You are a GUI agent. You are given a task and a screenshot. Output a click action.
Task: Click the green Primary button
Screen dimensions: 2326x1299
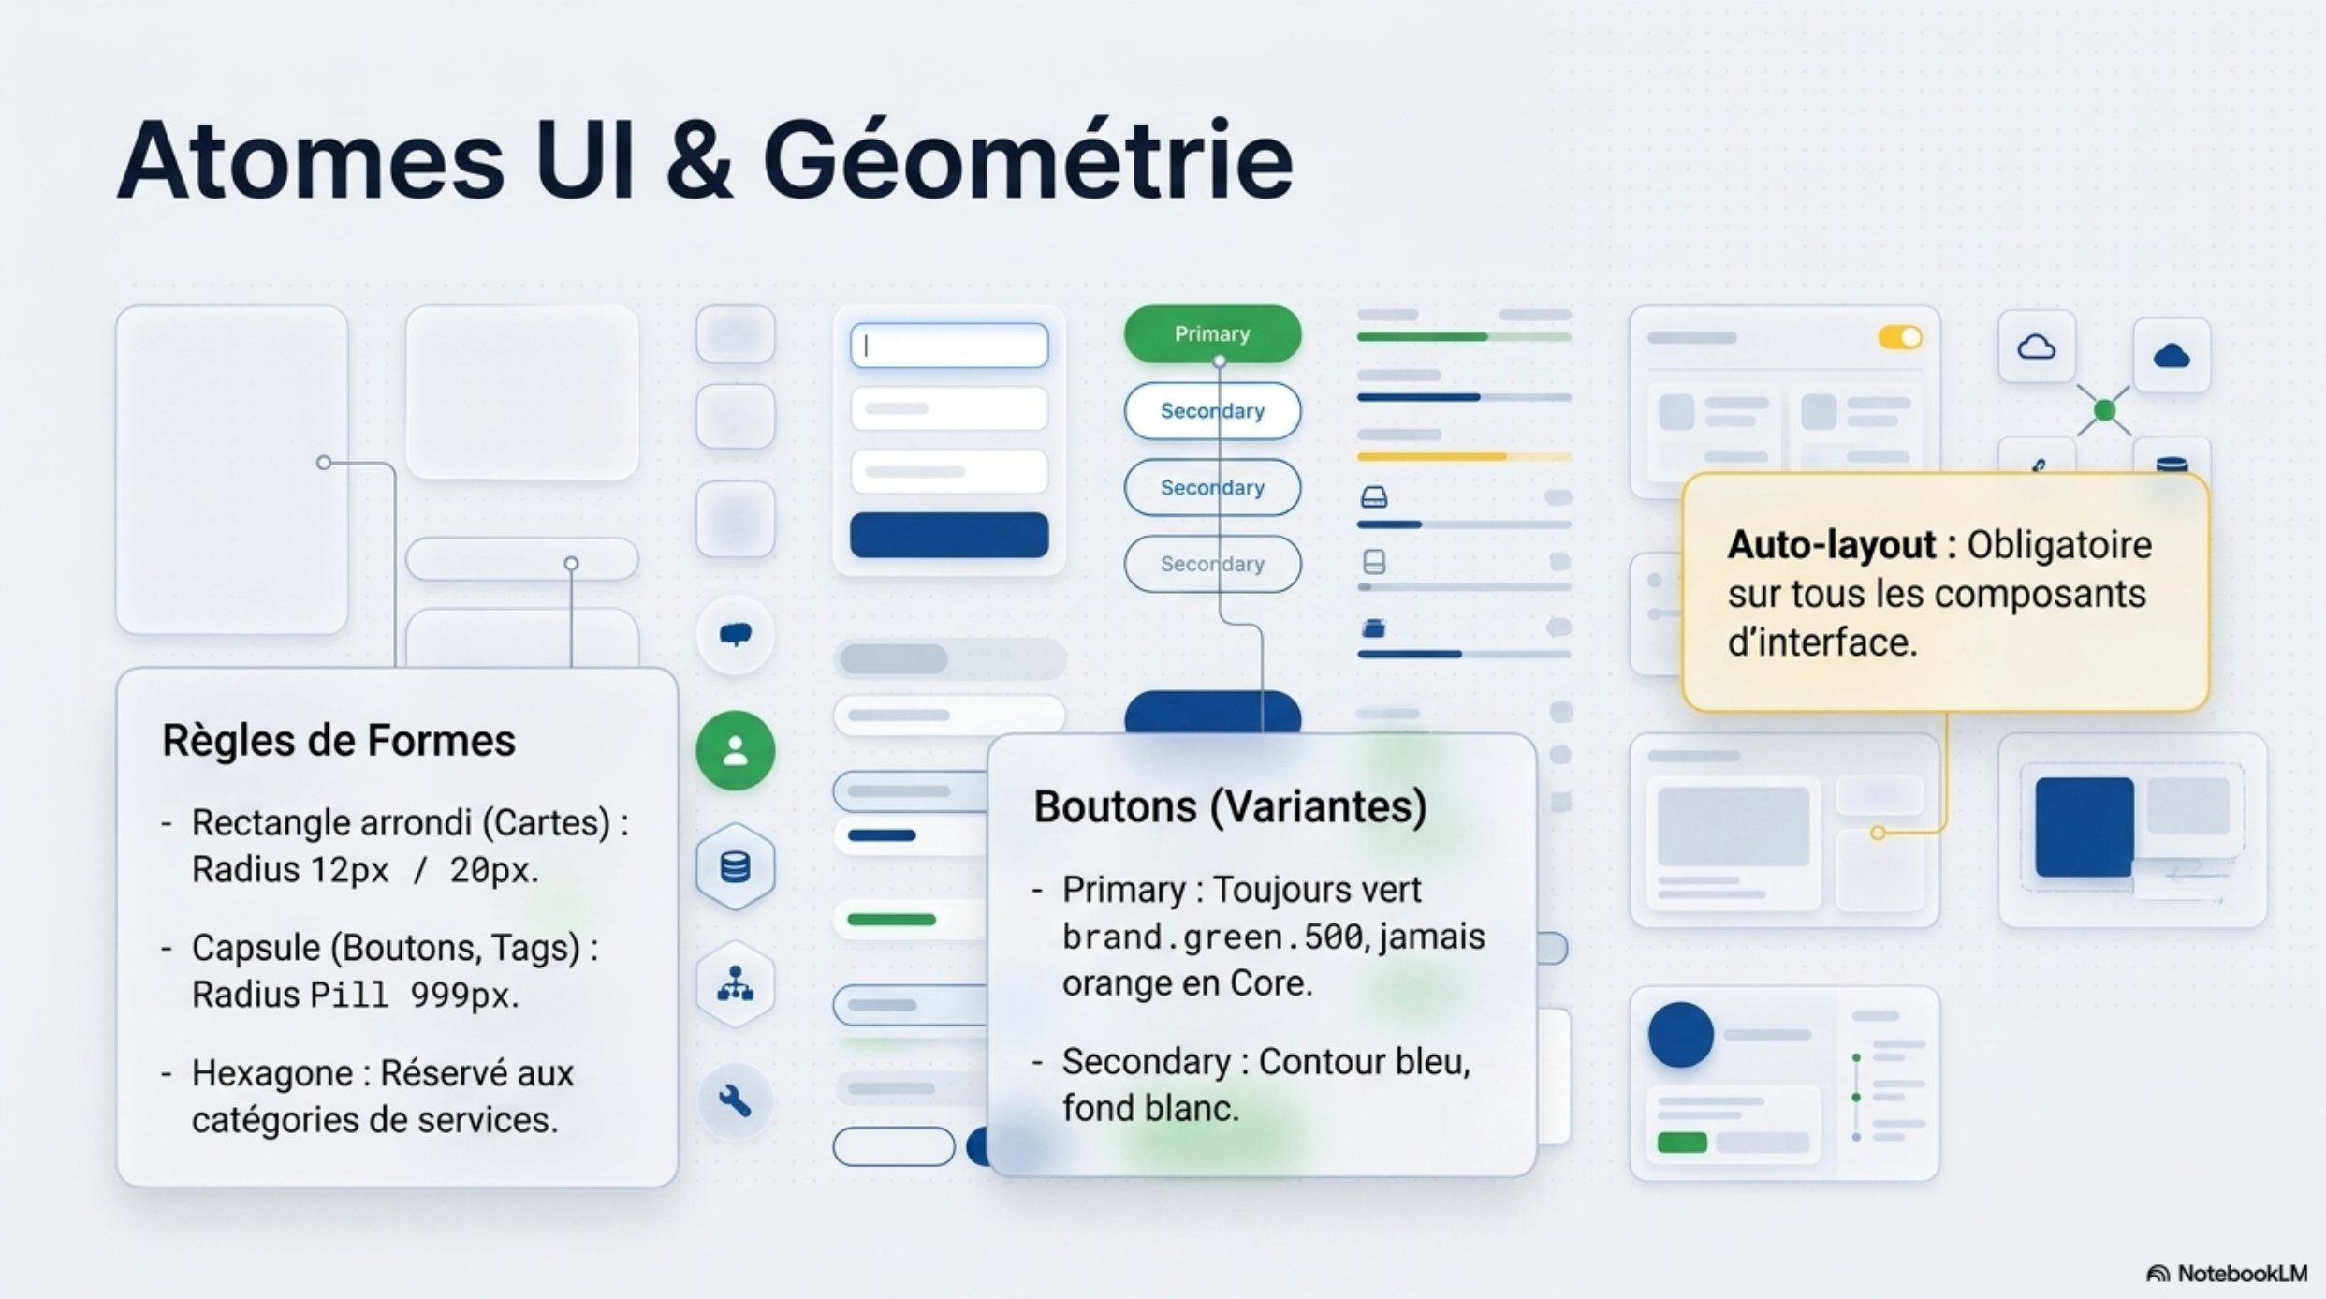point(1212,333)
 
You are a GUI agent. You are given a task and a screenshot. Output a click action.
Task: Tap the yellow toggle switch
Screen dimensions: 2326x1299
point(1900,337)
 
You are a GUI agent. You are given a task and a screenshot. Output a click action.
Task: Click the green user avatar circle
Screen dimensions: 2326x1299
point(736,750)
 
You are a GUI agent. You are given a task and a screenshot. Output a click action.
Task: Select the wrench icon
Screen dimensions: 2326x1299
point(735,1101)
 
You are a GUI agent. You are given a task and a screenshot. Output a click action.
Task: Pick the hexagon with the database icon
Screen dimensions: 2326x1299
point(736,866)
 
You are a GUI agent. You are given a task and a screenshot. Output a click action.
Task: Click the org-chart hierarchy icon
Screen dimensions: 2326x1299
point(736,984)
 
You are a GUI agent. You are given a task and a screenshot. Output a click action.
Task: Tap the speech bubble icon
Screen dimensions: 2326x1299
point(736,635)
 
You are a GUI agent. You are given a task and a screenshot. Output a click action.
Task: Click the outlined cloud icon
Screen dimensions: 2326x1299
point(2036,347)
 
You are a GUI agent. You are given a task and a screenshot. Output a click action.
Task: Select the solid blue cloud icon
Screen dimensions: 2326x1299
point(2172,356)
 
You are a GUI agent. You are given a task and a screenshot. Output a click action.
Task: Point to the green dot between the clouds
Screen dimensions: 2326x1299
point(2104,410)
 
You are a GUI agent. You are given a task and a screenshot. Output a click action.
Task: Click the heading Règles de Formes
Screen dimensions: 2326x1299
point(339,741)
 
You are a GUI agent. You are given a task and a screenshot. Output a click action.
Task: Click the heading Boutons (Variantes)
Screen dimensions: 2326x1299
point(1230,806)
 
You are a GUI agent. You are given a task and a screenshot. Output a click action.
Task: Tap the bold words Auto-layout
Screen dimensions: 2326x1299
point(1832,544)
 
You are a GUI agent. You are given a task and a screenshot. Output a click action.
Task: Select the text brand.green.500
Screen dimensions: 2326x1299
point(1213,937)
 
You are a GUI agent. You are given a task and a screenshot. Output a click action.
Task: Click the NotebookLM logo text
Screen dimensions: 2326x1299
point(2242,1274)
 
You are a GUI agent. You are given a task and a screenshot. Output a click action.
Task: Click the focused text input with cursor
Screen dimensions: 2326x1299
point(949,346)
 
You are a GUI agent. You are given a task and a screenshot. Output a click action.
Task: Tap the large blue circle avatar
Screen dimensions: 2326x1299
point(1681,1035)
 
